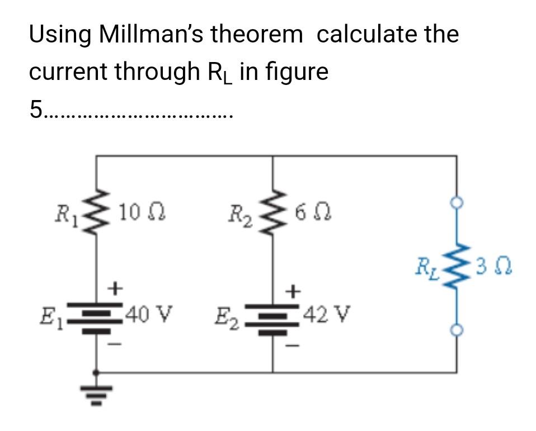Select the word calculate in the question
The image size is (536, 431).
[365, 35]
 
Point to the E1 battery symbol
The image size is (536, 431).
[97, 316]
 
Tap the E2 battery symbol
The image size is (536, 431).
[272, 316]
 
